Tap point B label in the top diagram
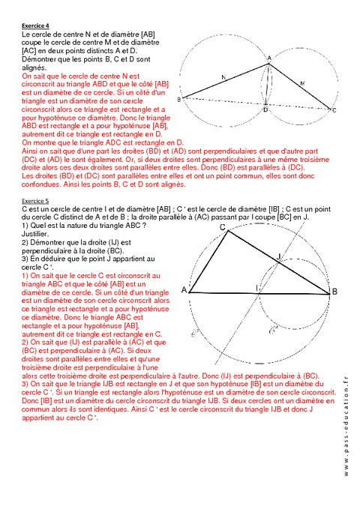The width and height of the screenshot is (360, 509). pyautogui.click(x=178, y=99)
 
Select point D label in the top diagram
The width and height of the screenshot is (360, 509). pyautogui.click(x=265, y=110)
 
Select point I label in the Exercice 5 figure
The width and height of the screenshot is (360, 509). pyautogui.click(x=257, y=287)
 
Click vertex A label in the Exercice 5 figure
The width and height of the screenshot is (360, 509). pyautogui.click(x=184, y=289)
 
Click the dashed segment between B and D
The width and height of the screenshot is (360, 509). pyautogui.click(x=225, y=103)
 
